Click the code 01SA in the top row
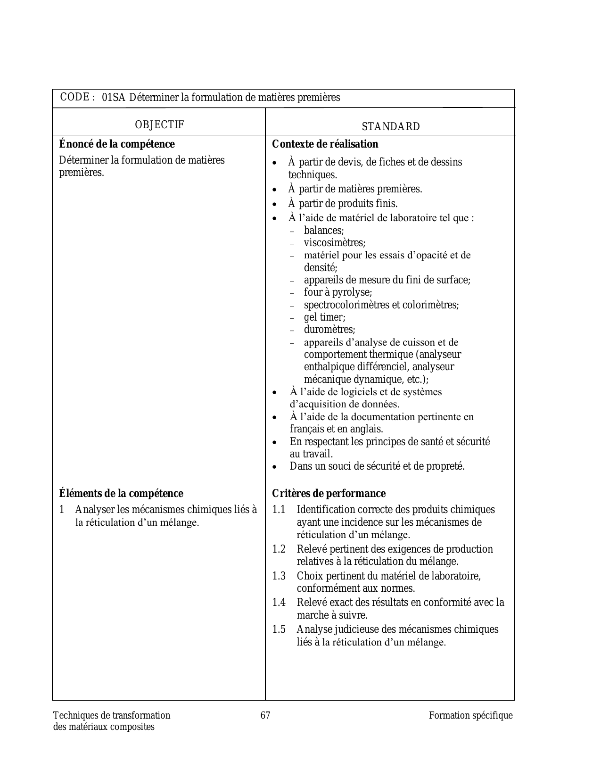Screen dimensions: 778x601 [x=113, y=98]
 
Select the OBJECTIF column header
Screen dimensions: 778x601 [x=159, y=124]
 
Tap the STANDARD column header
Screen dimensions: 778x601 [x=391, y=126]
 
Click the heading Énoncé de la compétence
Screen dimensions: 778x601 [x=117, y=144]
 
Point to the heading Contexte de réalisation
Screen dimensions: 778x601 [x=325, y=144]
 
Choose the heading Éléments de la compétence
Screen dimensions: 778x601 [x=121, y=493]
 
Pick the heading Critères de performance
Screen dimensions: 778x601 [x=329, y=493]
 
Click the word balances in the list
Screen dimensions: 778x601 [x=323, y=231]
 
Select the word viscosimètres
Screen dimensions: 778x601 [x=334, y=243]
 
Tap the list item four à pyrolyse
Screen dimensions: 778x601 [x=338, y=292]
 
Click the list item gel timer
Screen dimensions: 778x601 [x=324, y=317]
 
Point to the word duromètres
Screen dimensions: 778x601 [x=329, y=330]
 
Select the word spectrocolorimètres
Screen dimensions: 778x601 [x=346, y=305]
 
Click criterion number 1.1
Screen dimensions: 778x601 [x=279, y=510]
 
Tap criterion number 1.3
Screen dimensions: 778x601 [x=279, y=576]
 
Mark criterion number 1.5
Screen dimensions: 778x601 [x=279, y=629]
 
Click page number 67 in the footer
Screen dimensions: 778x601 [x=265, y=715]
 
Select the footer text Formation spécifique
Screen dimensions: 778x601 [x=470, y=715]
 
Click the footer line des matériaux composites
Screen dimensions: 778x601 [x=104, y=727]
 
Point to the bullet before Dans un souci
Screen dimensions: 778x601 [x=275, y=467]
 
